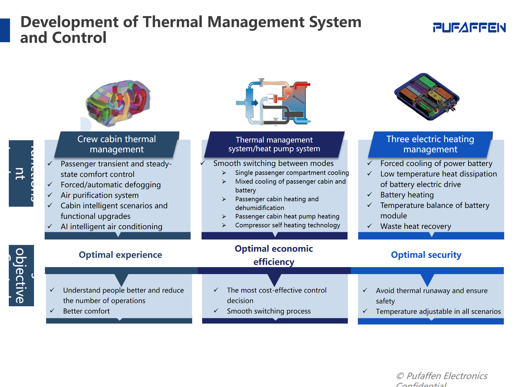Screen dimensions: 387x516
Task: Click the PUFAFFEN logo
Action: click(x=469, y=27)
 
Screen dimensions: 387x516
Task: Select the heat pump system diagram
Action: click(x=273, y=102)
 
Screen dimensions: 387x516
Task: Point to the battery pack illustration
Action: click(x=427, y=97)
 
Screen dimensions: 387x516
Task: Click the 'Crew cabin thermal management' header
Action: click(x=117, y=144)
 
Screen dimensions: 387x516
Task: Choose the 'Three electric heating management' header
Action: click(x=430, y=144)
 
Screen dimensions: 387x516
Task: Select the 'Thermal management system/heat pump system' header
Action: click(x=274, y=144)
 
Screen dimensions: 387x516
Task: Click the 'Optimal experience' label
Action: click(x=120, y=255)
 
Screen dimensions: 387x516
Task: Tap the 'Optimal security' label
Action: click(x=426, y=255)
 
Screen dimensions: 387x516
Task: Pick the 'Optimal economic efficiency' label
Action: click(x=274, y=255)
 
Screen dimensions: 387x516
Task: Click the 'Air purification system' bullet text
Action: click(x=100, y=195)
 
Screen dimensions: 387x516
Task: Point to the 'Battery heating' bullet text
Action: click(x=407, y=195)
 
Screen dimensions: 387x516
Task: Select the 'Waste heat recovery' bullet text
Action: click(x=416, y=226)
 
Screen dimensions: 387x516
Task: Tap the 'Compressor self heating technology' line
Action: click(x=287, y=225)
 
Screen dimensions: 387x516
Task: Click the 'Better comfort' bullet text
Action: click(x=86, y=311)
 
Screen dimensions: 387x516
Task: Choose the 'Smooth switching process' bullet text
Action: click(x=269, y=311)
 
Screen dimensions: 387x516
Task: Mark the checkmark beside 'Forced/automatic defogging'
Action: click(x=50, y=185)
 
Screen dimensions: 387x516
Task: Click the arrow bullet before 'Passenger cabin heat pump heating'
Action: click(x=224, y=216)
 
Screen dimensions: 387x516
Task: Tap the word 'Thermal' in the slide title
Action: click(x=173, y=22)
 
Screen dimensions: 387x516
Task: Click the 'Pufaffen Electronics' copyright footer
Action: click(x=442, y=376)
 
